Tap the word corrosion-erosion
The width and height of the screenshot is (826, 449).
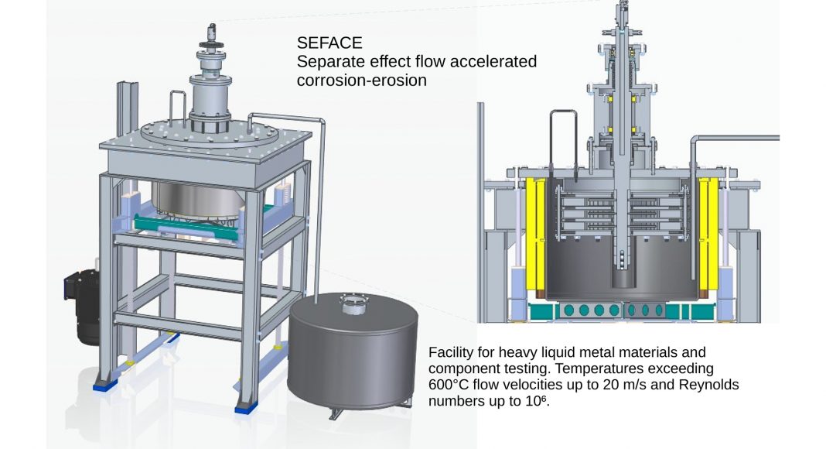pyautogui.click(x=361, y=80)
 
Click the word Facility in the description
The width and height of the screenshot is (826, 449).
pyautogui.click(x=450, y=352)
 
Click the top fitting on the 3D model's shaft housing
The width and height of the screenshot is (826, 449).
pyautogui.click(x=211, y=35)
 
